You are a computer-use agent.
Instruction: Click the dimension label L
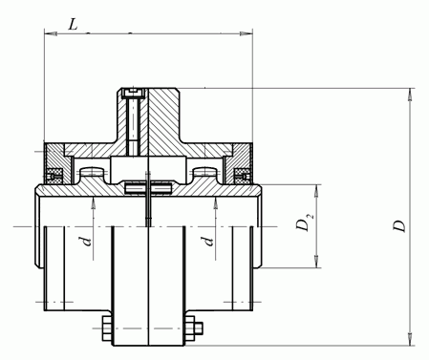pos(74,24)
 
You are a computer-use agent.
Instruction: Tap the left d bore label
pos(86,242)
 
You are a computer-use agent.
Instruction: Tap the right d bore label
pos(208,242)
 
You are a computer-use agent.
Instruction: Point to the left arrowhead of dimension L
pos(51,33)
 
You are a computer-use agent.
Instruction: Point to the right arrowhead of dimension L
pos(246,33)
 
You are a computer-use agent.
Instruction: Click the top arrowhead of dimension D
pos(410,95)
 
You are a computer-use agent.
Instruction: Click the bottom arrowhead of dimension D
pos(410,339)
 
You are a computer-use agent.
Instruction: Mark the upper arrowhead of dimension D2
pos(316,191)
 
